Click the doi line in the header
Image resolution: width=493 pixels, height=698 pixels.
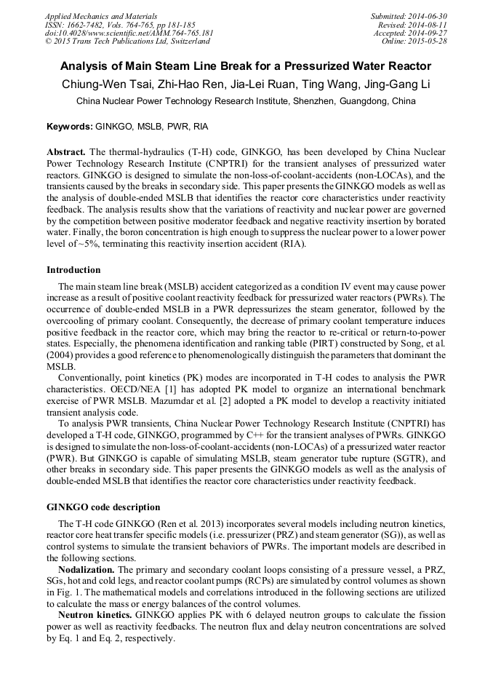point(129,33)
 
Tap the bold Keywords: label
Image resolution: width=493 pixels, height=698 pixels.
point(69,127)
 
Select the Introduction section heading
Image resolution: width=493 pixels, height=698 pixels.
point(73,270)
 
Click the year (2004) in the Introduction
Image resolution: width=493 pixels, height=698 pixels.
point(64,354)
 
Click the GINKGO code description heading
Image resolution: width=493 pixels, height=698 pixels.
point(103,507)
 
